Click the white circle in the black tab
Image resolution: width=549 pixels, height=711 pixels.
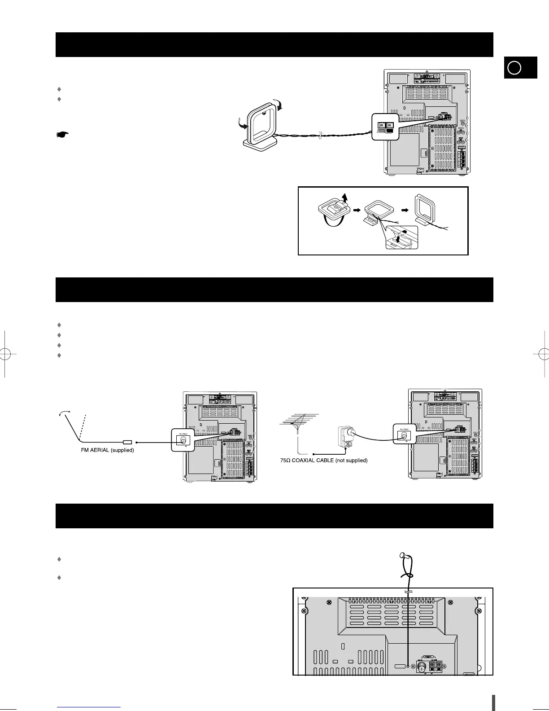[515, 68]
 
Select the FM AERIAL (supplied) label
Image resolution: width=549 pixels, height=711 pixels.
[104, 450]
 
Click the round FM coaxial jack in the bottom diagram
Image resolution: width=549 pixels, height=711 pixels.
[422, 667]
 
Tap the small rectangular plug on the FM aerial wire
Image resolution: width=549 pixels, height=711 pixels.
[127, 442]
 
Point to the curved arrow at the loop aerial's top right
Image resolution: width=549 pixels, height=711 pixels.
[281, 106]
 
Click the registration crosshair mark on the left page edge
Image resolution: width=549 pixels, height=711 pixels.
[4, 353]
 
